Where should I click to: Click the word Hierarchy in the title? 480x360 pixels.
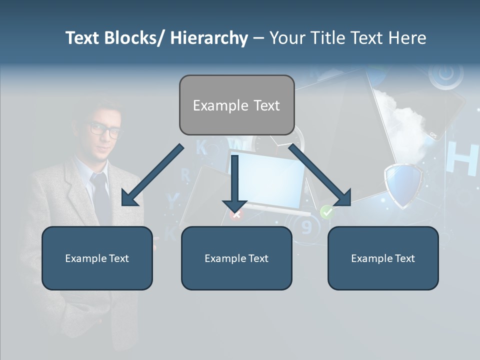click(x=209, y=38)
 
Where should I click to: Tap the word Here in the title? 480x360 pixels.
click(x=406, y=38)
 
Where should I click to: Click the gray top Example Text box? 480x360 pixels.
click(x=236, y=105)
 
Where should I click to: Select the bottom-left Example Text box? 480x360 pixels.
click(x=97, y=258)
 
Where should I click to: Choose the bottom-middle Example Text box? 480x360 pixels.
click(x=236, y=258)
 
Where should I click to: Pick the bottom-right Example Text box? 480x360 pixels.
click(x=383, y=258)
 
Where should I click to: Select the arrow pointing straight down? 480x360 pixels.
click(x=234, y=182)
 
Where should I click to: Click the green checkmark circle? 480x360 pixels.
click(x=326, y=212)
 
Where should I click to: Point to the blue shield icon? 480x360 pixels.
click(x=403, y=184)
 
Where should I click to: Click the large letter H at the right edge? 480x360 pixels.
click(x=461, y=158)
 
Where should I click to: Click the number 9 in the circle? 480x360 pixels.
click(x=306, y=227)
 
